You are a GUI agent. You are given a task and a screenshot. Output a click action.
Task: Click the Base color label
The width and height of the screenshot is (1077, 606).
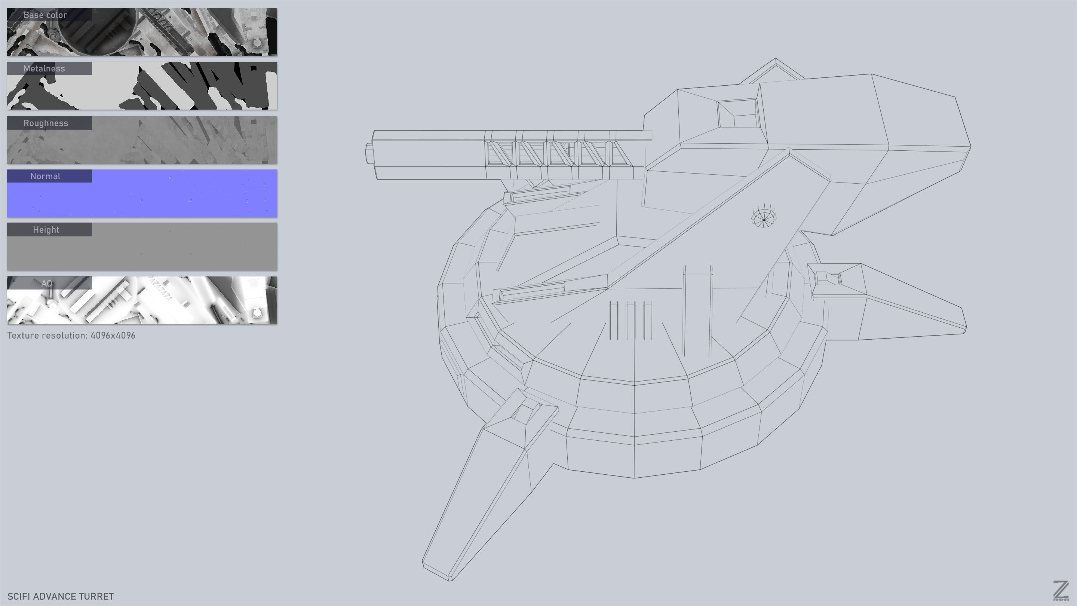tap(45, 15)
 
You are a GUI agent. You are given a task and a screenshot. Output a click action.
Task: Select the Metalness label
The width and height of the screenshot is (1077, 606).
tap(45, 68)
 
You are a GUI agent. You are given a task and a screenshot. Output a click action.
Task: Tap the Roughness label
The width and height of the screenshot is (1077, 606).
tap(46, 123)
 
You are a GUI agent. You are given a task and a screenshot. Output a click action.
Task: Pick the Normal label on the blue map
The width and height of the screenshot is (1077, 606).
tap(45, 176)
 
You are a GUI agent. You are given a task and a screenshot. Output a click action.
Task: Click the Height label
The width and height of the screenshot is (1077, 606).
tap(46, 230)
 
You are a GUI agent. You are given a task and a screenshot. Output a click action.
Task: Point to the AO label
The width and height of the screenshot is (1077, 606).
tap(47, 283)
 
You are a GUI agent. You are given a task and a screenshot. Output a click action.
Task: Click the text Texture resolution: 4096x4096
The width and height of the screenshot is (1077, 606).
tap(71, 336)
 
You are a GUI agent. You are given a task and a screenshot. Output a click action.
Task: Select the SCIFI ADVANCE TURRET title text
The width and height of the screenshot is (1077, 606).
tap(61, 596)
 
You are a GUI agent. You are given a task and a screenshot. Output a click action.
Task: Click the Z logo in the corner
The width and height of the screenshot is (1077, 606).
tap(1061, 591)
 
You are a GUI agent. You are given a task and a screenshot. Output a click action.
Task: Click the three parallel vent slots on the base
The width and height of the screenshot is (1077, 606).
tap(631, 320)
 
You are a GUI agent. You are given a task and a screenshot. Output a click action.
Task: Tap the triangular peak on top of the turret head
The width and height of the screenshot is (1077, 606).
tap(775, 63)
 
